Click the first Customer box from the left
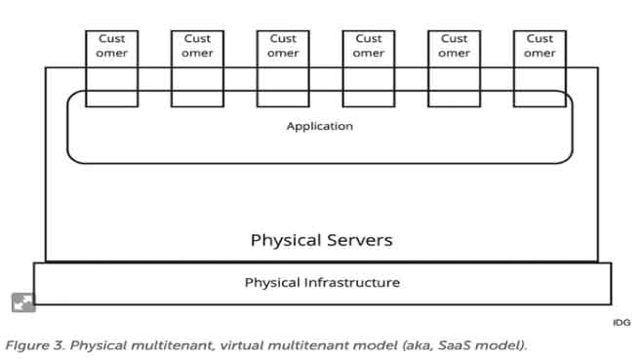[x=111, y=68]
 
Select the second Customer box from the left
[x=197, y=68]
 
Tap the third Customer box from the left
[x=283, y=68]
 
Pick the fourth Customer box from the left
[x=369, y=68]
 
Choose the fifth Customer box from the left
[x=455, y=68]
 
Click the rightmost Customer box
[x=540, y=68]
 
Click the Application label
[x=320, y=127]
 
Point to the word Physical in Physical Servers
[x=286, y=240]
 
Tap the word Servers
[x=360, y=240]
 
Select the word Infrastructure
[x=352, y=282]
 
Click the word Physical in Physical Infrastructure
[x=272, y=283]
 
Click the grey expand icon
[x=23, y=302]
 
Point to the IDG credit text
[x=621, y=323]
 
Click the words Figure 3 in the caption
[x=35, y=345]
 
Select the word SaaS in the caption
[x=455, y=345]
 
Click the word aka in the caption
[x=419, y=345]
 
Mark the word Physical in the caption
[x=99, y=346]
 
